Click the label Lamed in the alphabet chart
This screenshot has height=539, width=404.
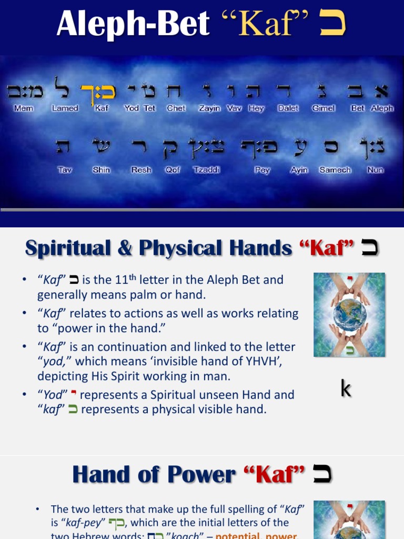coord(65,108)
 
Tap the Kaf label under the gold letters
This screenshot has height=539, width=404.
coord(102,108)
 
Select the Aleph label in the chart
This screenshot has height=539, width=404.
coord(382,108)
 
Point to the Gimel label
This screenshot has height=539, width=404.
coord(323,108)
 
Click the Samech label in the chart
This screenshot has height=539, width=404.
coord(335,170)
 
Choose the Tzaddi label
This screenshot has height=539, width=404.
coord(207,170)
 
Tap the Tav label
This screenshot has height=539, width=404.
coord(65,170)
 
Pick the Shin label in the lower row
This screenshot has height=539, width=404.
coord(101,170)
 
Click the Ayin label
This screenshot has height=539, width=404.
coord(299,170)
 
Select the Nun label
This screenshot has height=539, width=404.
coord(375,170)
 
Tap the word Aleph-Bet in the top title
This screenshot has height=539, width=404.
coord(133,24)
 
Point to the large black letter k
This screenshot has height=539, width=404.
coord(346,389)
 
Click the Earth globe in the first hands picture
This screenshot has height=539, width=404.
coord(350,315)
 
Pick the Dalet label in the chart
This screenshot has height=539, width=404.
coord(288,108)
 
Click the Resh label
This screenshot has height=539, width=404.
coord(141,170)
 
